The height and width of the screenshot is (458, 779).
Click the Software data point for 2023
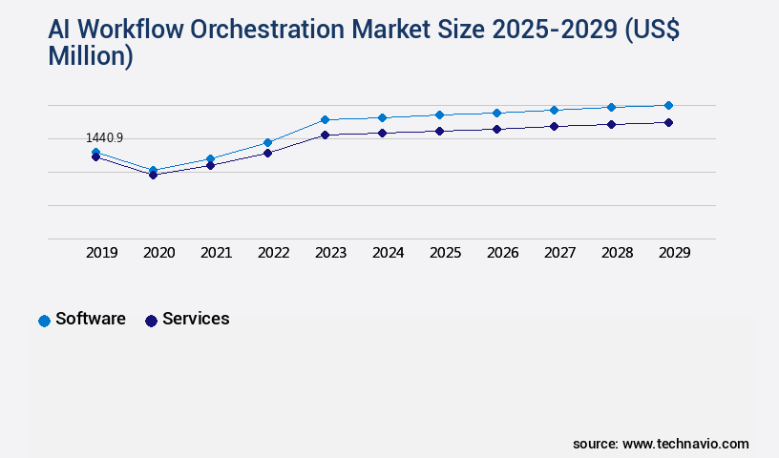point(325,119)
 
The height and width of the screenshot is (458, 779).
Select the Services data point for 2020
point(153,175)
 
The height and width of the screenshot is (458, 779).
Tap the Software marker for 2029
point(668,105)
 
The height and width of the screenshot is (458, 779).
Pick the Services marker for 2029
point(668,122)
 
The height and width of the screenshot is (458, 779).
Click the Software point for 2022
point(267,142)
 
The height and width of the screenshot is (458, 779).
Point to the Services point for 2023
point(325,135)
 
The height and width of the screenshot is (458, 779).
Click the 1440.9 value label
point(105,138)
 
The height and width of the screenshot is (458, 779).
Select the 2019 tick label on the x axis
point(102,253)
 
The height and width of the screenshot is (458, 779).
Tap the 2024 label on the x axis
point(389,253)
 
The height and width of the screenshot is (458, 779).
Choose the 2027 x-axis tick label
point(560,253)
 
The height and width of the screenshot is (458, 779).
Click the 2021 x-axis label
point(217,253)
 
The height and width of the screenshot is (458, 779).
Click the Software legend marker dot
point(44,321)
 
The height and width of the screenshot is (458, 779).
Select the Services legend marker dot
point(151,321)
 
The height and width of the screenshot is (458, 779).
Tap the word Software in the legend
point(91,319)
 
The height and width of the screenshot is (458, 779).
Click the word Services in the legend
point(196,319)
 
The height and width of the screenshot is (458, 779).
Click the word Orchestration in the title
point(270,30)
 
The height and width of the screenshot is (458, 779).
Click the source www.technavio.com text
point(661,444)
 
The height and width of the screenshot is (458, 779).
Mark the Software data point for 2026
point(496,113)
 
